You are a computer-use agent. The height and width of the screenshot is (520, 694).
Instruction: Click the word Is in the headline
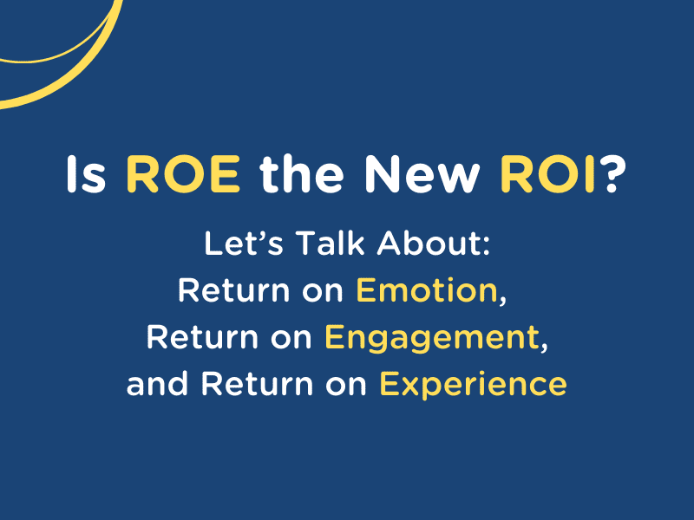pos(86,174)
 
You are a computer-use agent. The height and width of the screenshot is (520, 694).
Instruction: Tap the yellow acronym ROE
pos(183,174)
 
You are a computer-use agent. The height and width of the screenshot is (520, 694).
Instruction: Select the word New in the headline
pos(422,174)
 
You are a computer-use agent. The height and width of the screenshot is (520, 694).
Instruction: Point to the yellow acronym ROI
pos(547,174)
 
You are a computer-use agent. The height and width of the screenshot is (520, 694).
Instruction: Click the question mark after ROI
pos(612,174)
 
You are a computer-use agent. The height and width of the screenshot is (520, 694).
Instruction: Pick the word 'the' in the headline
pos(302,174)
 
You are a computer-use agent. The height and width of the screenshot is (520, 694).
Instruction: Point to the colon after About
pos(487,246)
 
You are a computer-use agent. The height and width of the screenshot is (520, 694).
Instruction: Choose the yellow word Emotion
pos(427,290)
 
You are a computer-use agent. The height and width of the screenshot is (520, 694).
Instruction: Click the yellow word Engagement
pos(431,339)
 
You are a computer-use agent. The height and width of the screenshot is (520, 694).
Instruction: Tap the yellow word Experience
pos(473,385)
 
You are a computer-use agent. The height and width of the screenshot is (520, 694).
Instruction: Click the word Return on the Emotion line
pos(233,290)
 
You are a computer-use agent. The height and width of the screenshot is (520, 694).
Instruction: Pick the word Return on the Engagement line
pos(202,337)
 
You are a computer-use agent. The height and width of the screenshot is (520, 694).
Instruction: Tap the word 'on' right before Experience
pos(346,386)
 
